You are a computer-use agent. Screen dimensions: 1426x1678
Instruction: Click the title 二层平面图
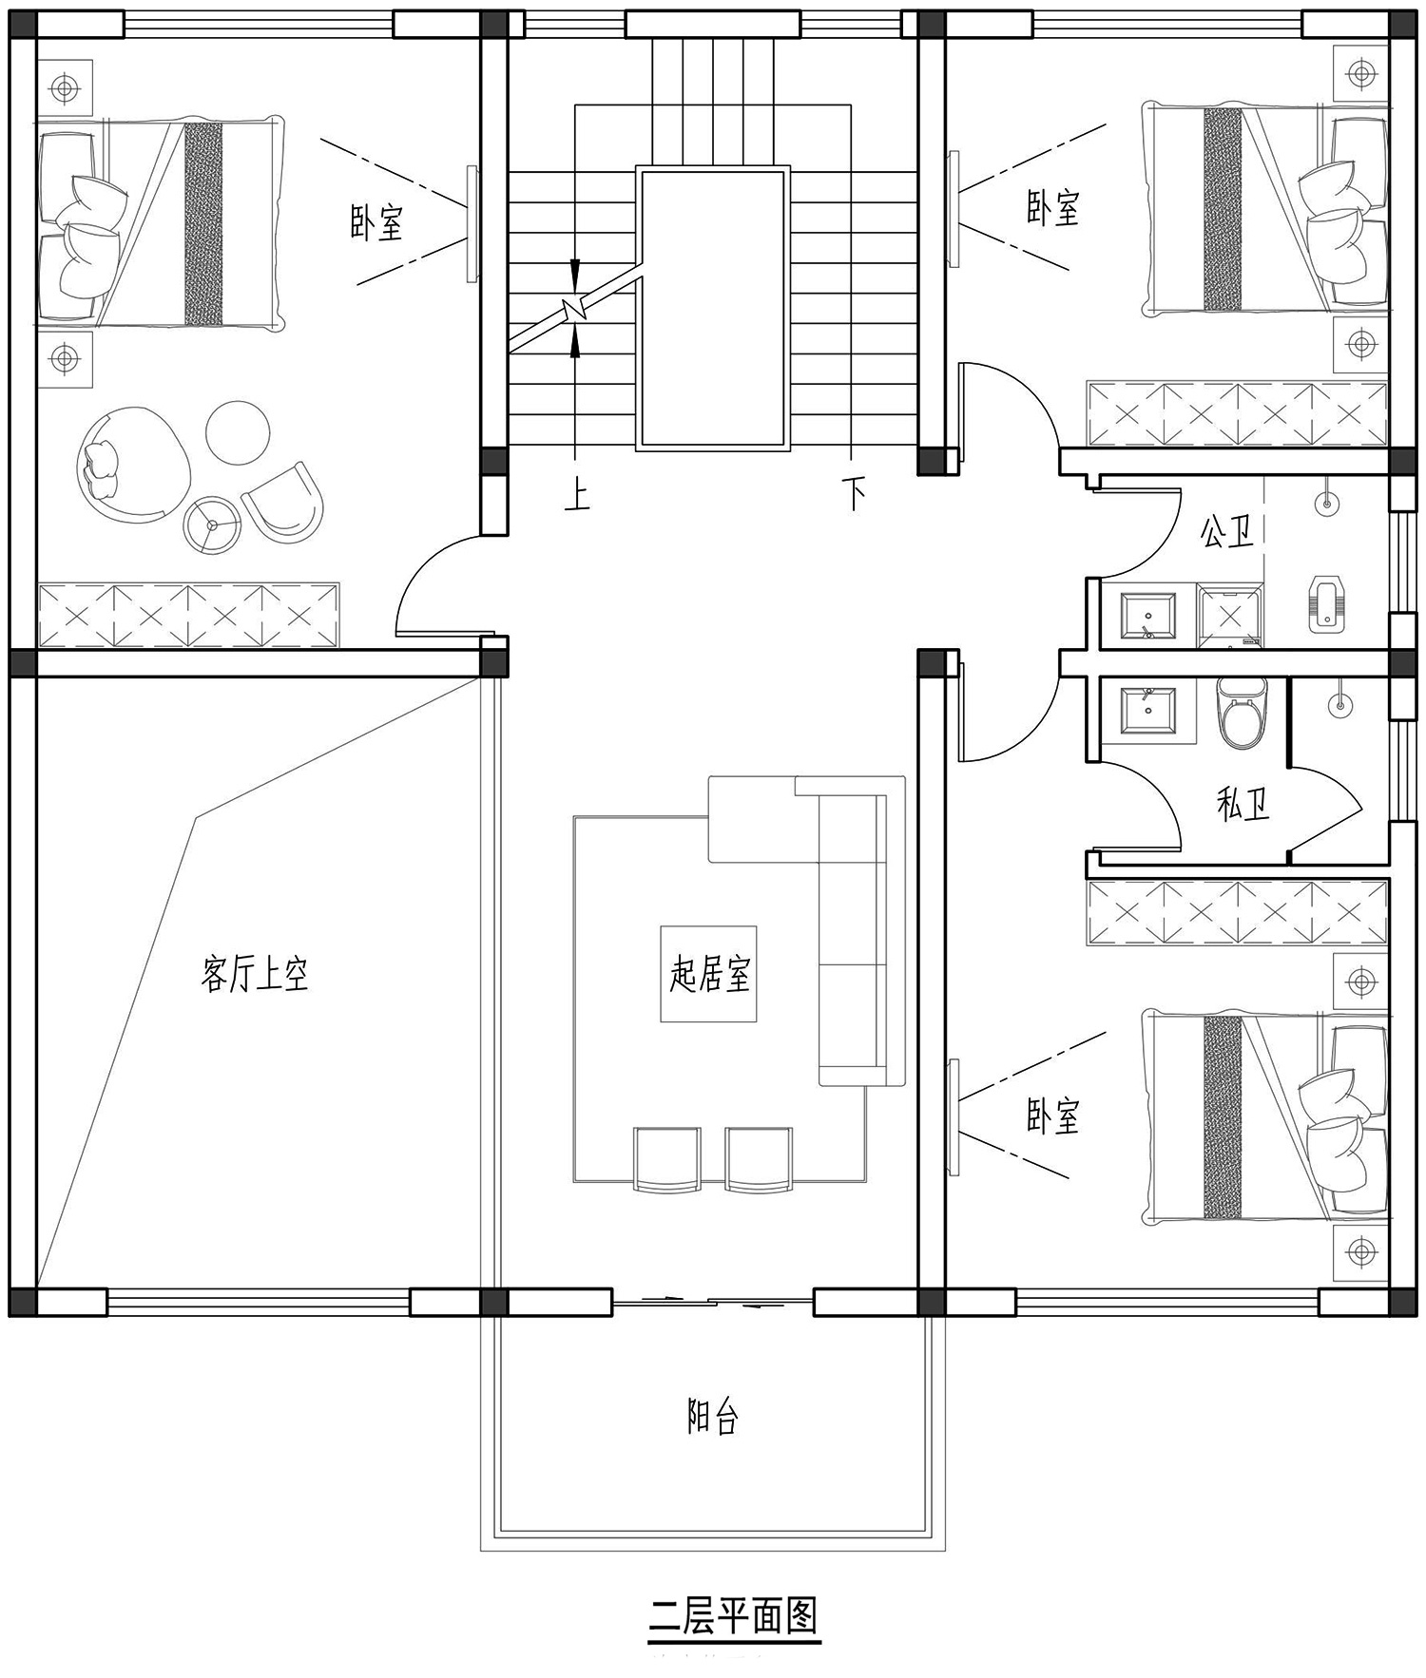coord(733,1614)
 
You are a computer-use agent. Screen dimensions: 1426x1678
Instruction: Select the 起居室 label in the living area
coord(709,974)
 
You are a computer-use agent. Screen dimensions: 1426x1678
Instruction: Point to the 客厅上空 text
coord(255,974)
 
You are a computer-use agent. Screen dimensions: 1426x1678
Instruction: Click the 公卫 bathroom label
coord(1226,532)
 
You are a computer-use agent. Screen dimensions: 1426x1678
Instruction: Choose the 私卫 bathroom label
coord(1243,805)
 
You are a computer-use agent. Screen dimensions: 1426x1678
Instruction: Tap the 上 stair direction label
coord(577,494)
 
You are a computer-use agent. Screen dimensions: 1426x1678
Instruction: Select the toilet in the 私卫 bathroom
coord(1243,713)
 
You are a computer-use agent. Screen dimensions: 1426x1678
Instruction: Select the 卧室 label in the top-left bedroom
coord(376,221)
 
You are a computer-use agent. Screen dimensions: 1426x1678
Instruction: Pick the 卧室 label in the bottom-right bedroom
coord(1053,1115)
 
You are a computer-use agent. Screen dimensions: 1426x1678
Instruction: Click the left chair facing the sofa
coord(666,1158)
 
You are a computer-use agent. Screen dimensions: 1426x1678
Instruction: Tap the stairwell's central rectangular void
coord(713,309)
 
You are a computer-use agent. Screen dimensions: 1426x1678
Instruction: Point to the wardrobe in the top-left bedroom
coord(188,616)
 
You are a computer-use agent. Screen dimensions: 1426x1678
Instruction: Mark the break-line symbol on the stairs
coord(575,308)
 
